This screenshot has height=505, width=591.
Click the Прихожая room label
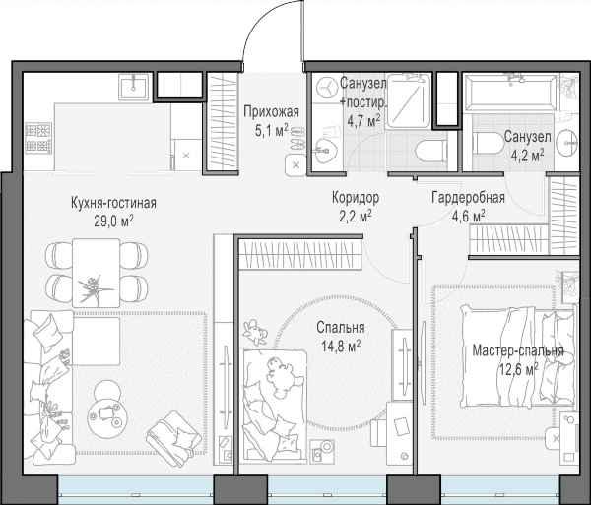(x=272, y=112)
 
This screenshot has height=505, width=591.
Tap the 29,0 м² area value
(x=114, y=221)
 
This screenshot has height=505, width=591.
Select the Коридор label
(x=356, y=197)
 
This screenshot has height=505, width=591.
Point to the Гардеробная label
(x=468, y=197)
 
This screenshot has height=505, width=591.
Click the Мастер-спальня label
(x=518, y=351)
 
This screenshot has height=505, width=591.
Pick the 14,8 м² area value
(x=341, y=346)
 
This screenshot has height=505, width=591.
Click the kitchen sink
(x=134, y=87)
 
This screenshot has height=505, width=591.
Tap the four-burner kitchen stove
(x=38, y=138)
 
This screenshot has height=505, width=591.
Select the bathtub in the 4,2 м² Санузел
(x=510, y=93)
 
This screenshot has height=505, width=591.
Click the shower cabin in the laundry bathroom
(x=409, y=100)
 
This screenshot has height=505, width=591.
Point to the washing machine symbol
(x=326, y=88)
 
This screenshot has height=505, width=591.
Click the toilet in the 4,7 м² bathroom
(x=430, y=152)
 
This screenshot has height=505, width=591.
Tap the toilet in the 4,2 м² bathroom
(x=489, y=143)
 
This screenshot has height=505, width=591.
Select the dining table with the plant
(x=97, y=273)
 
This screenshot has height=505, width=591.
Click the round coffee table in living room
(x=107, y=418)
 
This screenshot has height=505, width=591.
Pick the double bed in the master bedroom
(x=518, y=356)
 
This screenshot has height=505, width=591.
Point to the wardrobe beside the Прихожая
(x=223, y=122)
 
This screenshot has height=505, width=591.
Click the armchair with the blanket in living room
(x=174, y=438)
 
